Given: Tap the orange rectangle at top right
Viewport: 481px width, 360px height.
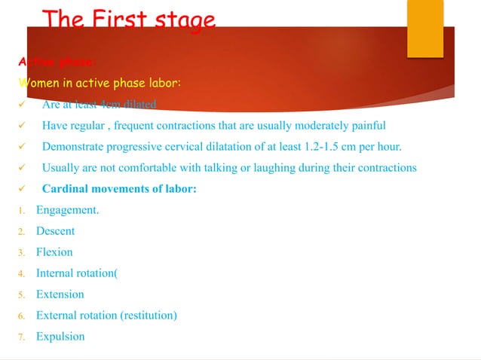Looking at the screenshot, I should point(424,28).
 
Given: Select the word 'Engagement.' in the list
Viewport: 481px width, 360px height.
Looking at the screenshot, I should point(67,210).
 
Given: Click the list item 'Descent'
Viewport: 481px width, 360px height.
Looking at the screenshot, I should point(55,231).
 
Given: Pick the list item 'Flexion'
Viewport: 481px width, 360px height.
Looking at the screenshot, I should point(54,252).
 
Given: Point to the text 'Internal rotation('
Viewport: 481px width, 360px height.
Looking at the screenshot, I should point(77,273).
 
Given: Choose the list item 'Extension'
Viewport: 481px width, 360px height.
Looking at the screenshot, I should point(60,294).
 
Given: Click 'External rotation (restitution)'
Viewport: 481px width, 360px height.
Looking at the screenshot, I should point(106,316).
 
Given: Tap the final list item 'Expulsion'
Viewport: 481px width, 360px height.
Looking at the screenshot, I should point(60,337).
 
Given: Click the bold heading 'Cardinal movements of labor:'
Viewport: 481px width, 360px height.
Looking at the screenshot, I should point(119,189).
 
